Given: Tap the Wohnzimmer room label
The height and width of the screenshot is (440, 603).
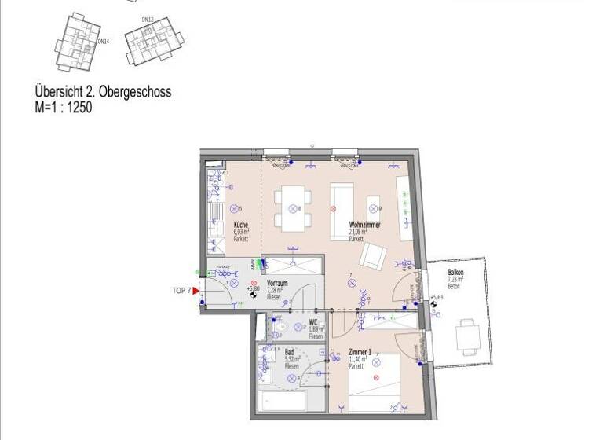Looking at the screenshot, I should point(365,225).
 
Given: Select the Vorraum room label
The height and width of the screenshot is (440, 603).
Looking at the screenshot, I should point(277,283).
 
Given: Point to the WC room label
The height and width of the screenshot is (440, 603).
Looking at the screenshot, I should point(312,322).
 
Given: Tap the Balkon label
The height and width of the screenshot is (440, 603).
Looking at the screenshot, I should point(456,273).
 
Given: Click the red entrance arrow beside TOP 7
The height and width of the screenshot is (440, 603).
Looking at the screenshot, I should point(196,291).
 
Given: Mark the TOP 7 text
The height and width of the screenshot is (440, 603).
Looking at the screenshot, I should point(181,291).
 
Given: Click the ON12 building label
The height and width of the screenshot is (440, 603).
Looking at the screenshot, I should point(147,19).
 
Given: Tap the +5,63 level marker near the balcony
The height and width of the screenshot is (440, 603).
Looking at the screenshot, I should point(437,298).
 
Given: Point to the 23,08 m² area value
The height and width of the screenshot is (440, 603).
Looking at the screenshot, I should point(360,232).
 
